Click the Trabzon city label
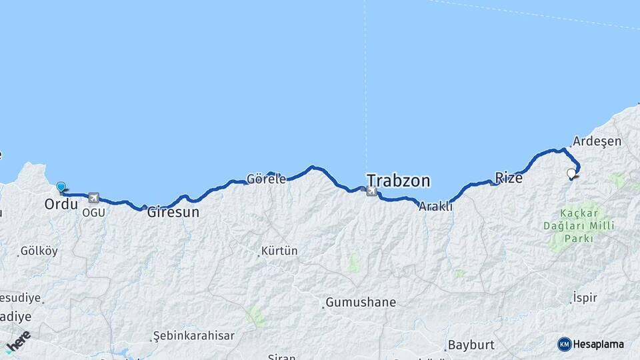(x=398, y=181)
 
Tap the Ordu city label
(x=61, y=204)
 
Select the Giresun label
(x=173, y=213)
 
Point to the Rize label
(x=508, y=177)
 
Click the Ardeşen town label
(x=597, y=141)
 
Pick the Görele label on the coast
(x=266, y=179)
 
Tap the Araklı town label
(x=435, y=207)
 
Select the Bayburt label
(x=471, y=345)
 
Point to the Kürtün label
(x=279, y=251)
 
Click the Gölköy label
(x=39, y=251)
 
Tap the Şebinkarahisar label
(x=193, y=335)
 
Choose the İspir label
(x=585, y=298)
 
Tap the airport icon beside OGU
(x=93, y=198)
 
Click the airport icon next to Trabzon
(x=371, y=192)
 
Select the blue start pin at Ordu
(x=61, y=187)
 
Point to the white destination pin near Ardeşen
(x=571, y=174)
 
